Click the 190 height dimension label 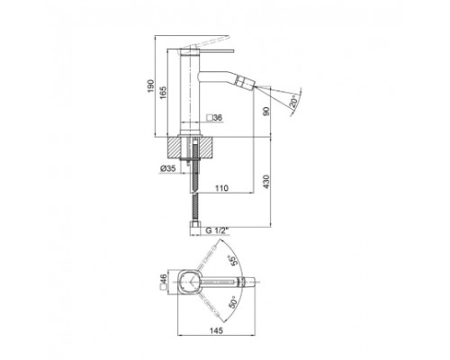pyautogui.click(x=150, y=86)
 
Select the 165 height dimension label pyautogui.click(x=163, y=93)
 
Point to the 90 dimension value pyautogui.click(x=266, y=111)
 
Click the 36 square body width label pyautogui.click(x=218, y=118)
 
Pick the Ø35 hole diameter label pyautogui.click(x=167, y=168)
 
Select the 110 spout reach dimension pyautogui.click(x=221, y=188)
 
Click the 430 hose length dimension pyautogui.click(x=266, y=182)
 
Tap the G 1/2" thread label pyautogui.click(x=217, y=230)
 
